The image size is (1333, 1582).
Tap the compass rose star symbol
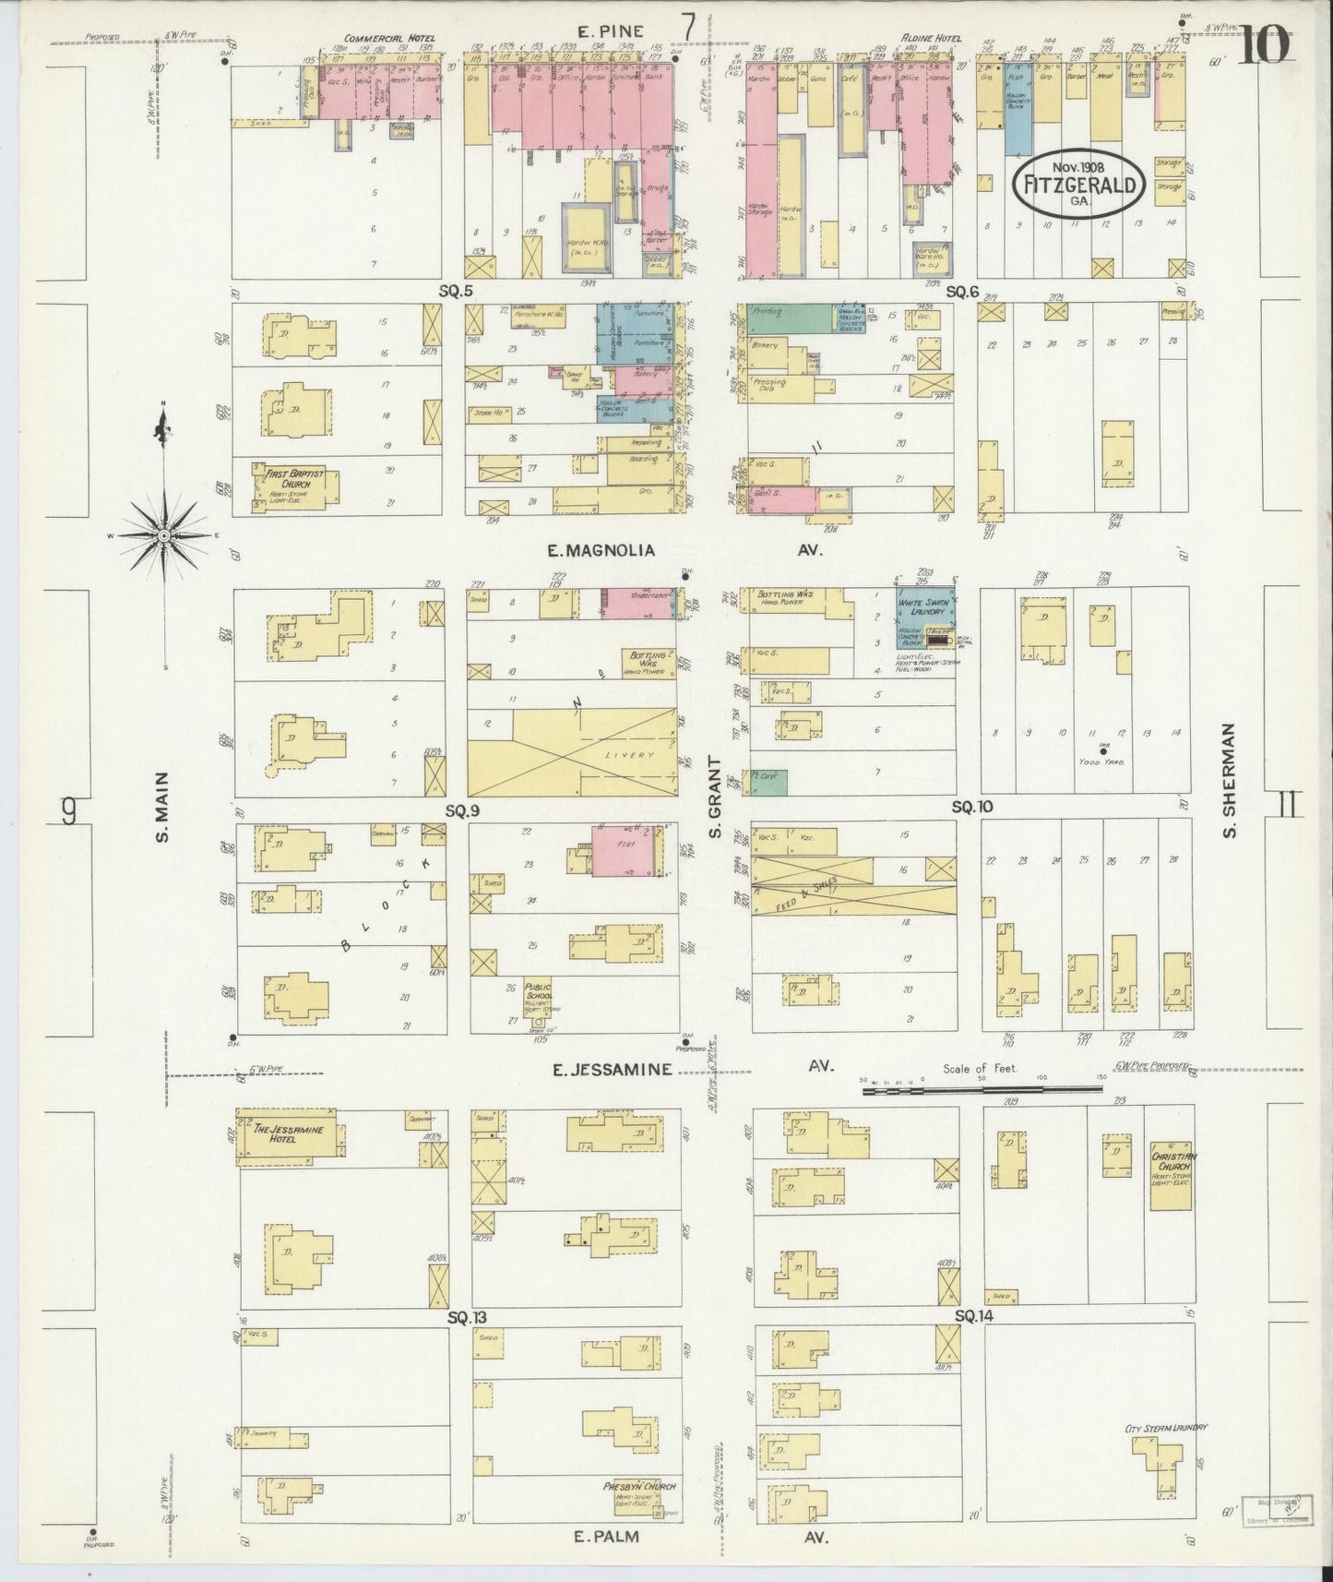click(x=163, y=534)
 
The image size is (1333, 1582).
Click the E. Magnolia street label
click(x=601, y=551)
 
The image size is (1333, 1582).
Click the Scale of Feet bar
click(x=982, y=1090)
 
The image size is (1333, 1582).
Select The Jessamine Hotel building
click(x=289, y=1136)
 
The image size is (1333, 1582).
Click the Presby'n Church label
click(x=638, y=1487)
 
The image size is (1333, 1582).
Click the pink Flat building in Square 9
click(x=625, y=853)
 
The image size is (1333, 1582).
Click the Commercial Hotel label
click(x=376, y=39)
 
